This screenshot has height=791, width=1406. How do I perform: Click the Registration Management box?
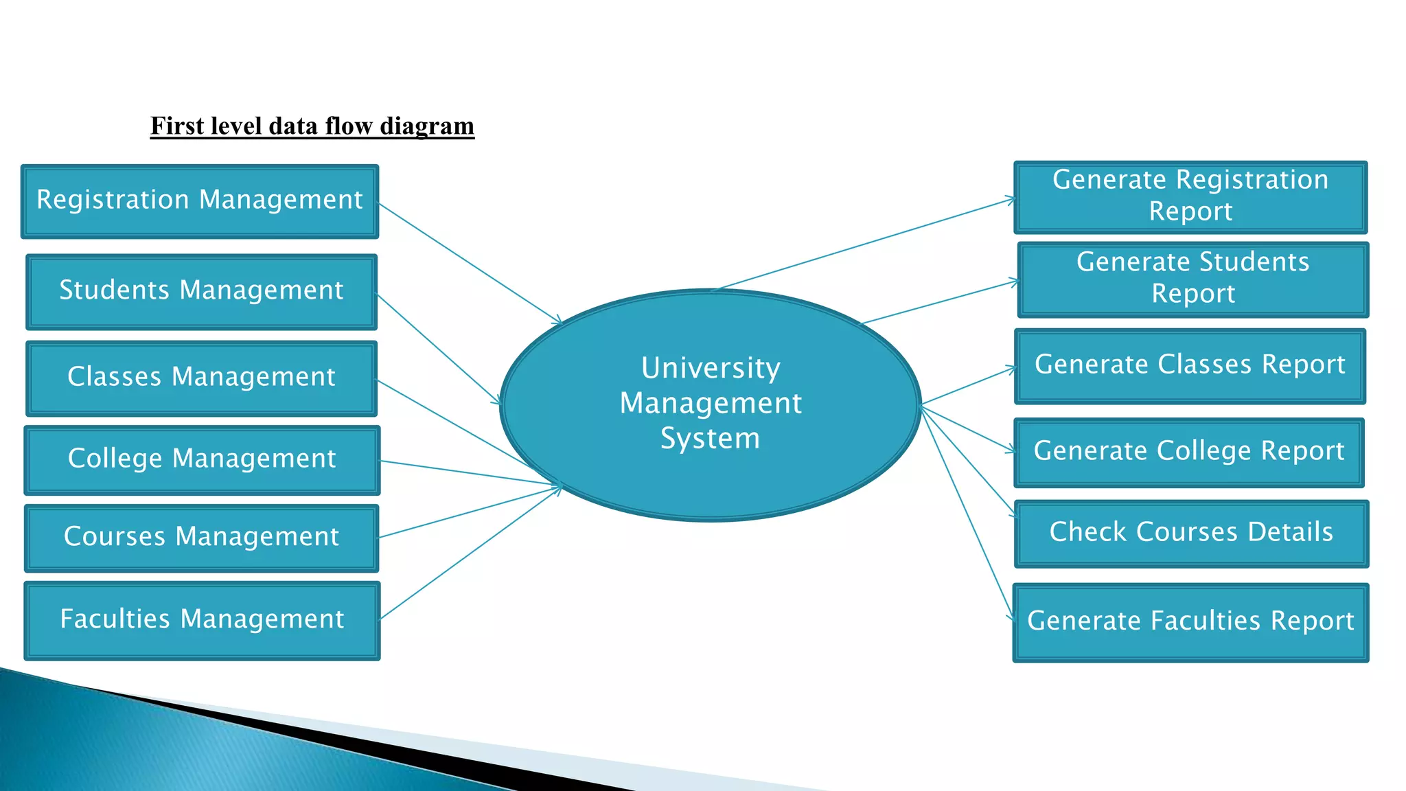[200, 201]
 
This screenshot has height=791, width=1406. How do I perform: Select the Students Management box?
[201, 292]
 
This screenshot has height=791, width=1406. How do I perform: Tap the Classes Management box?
[201, 378]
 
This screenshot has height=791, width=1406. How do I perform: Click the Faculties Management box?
[202, 621]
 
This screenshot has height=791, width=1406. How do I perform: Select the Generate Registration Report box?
[1190, 198]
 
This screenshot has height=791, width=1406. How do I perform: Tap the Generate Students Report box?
[1193, 279]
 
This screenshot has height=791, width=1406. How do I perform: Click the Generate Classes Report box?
[1190, 366]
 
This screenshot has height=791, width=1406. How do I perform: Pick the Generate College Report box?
[1189, 452]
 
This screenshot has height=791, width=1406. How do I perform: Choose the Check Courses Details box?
[1191, 534]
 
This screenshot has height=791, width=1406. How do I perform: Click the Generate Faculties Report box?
[1190, 622]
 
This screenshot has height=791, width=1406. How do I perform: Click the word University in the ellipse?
[711, 368]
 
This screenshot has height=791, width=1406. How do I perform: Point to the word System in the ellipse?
[711, 438]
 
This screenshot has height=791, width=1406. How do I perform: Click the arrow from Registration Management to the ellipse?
[470, 263]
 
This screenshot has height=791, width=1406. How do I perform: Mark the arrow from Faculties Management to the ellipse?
[470, 553]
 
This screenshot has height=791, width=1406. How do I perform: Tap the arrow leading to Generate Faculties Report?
[967, 514]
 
